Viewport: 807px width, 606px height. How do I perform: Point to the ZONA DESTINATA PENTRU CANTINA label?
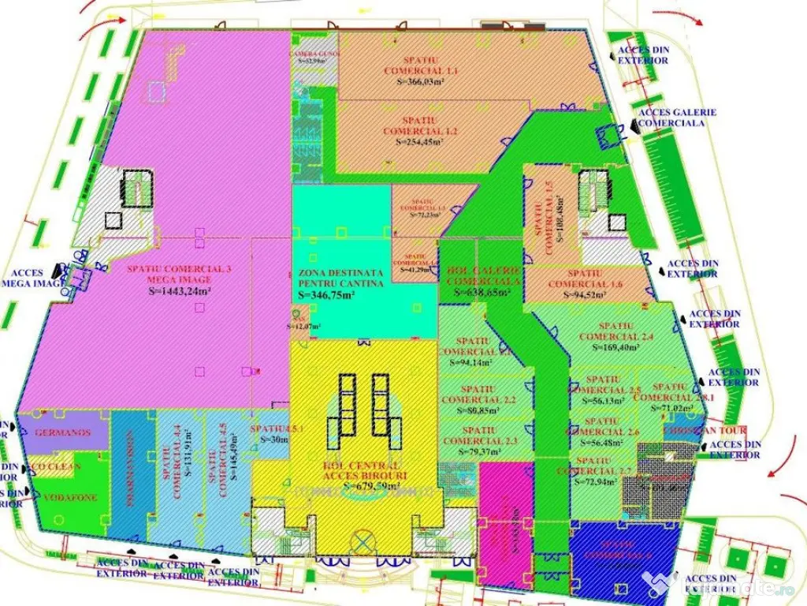coord(341,278)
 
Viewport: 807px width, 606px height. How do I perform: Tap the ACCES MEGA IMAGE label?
coord(32,278)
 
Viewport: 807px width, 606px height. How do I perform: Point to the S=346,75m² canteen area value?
coord(326,294)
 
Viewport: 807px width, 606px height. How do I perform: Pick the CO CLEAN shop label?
coord(56,466)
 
